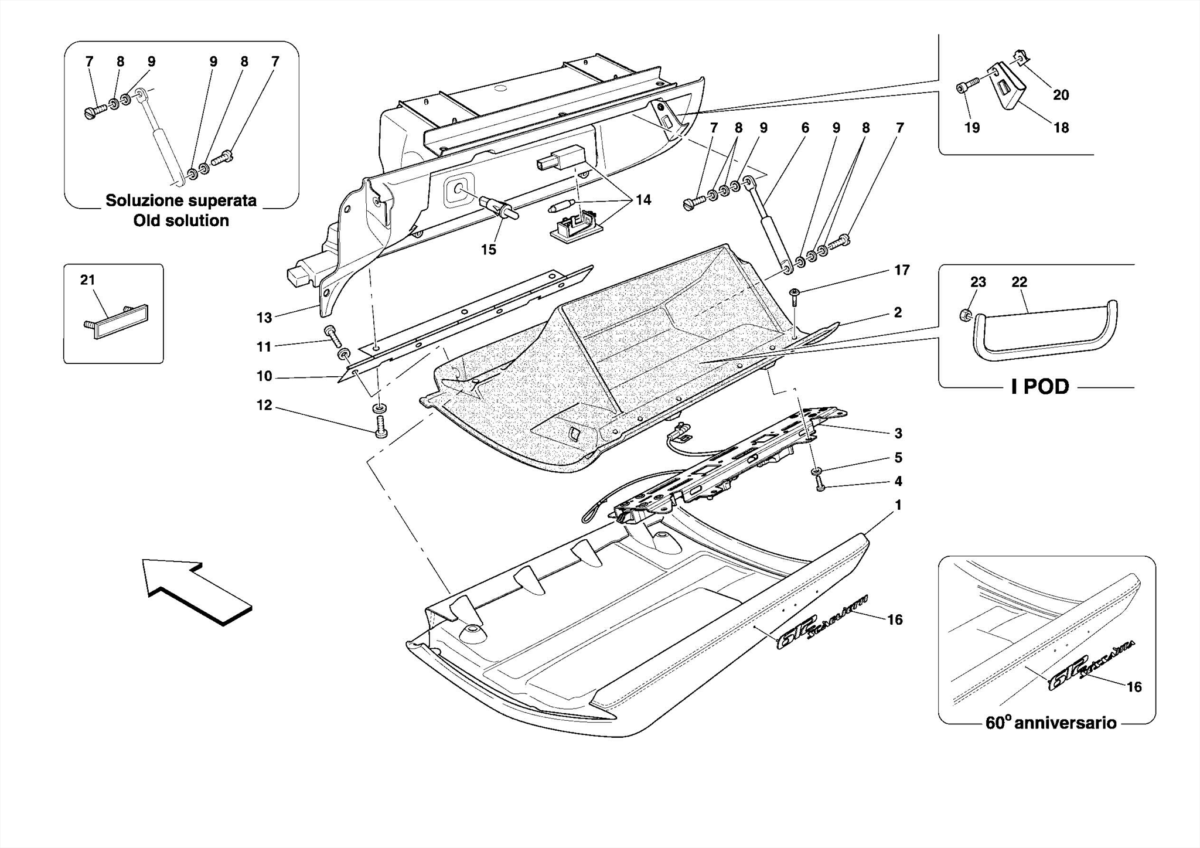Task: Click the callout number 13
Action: coord(264,318)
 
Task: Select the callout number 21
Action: coord(87,280)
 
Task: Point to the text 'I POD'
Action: coord(1040,387)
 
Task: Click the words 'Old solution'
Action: coord(181,221)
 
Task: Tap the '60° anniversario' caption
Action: coord(1051,723)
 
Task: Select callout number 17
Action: coord(902,270)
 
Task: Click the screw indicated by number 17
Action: coord(795,296)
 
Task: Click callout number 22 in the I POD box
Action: coord(1019,282)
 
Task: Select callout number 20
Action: coord(1061,95)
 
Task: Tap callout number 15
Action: coord(489,250)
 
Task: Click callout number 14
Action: coord(643,200)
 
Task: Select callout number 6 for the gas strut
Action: coord(805,128)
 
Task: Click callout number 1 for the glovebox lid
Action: coord(898,505)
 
